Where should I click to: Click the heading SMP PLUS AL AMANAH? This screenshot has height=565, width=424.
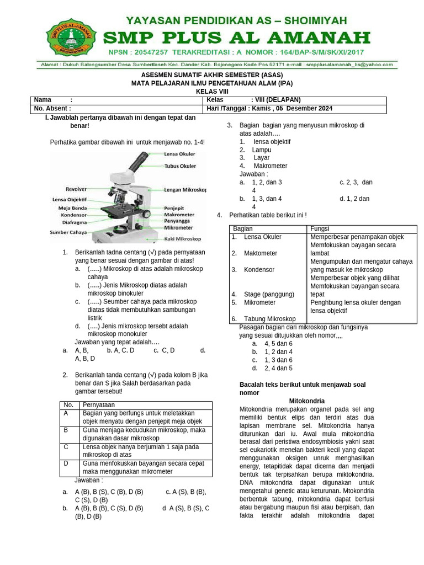pyautogui.click(x=237, y=38)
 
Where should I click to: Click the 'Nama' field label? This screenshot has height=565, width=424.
pyautogui.click(x=43, y=100)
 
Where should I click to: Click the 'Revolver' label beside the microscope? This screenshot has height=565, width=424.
pyautogui.click(x=76, y=189)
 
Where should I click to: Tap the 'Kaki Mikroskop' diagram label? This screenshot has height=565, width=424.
pyautogui.click(x=183, y=239)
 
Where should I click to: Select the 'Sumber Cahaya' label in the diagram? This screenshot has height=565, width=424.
pyautogui.click(x=68, y=232)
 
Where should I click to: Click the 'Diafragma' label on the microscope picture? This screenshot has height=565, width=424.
pyautogui.click(x=74, y=223)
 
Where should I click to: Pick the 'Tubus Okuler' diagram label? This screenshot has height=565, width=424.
pyautogui.click(x=180, y=166)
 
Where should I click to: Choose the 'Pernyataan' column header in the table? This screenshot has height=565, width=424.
pyautogui.click(x=99, y=405)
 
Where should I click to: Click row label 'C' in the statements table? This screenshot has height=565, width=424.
pyautogui.click(x=66, y=447)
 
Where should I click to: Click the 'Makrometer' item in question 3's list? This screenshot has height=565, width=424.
pyautogui.click(x=270, y=166)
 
